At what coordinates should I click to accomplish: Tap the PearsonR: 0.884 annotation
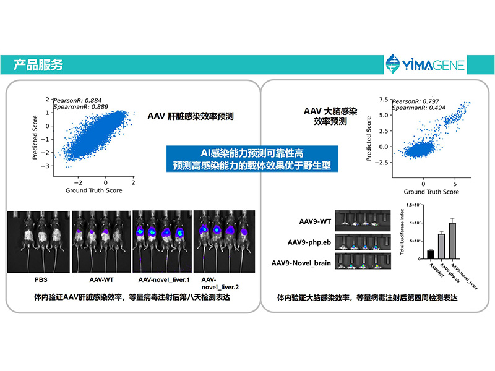click(x=77, y=100)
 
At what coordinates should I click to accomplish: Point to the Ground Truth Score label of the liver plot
click(x=93, y=190)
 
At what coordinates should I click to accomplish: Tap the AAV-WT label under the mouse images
click(x=98, y=279)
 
